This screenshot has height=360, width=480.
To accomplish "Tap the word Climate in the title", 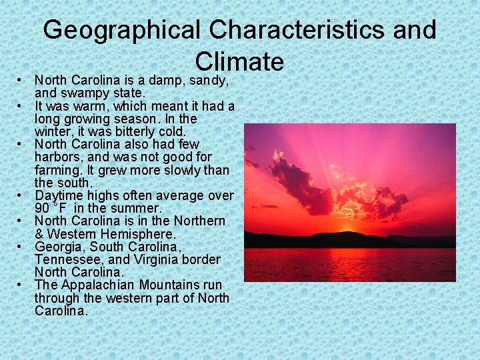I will tap(239, 61).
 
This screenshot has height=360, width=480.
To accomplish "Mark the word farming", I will tap(57, 170).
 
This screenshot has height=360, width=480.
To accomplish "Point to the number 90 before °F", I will tap(43, 208).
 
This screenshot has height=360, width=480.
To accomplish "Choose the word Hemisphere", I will tap(140, 234).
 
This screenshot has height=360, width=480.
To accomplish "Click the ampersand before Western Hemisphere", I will tap(39, 234).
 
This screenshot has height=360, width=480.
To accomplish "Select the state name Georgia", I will tap(58, 247).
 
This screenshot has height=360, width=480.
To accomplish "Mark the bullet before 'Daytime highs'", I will tap(21, 196).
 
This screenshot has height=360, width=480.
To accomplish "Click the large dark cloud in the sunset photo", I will tap(300, 183).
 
